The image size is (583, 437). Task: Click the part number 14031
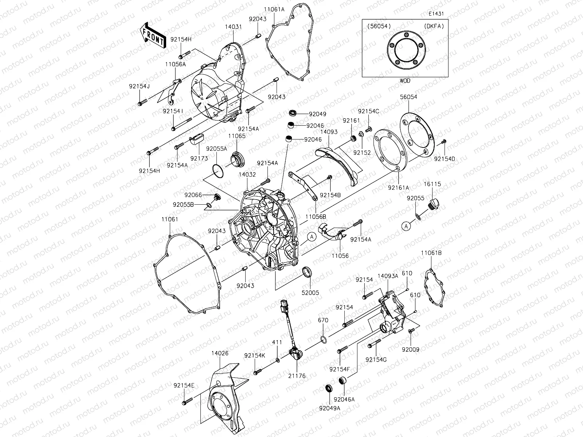click(233, 27)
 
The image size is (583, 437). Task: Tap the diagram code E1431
click(437, 14)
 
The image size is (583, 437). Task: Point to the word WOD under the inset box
click(404, 81)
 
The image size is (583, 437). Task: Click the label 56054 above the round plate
click(408, 97)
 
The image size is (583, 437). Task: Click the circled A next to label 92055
click(407, 226)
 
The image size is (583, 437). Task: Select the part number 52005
click(310, 293)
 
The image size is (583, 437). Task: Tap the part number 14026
click(220, 353)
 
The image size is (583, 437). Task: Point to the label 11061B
click(431, 253)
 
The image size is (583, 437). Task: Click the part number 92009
click(411, 350)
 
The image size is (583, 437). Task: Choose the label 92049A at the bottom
click(330, 408)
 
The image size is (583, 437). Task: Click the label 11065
click(237, 136)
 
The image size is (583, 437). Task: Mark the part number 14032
click(247, 175)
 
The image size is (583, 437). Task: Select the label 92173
click(199, 159)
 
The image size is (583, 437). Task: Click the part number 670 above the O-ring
click(323, 320)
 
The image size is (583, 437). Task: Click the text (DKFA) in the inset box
click(434, 26)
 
